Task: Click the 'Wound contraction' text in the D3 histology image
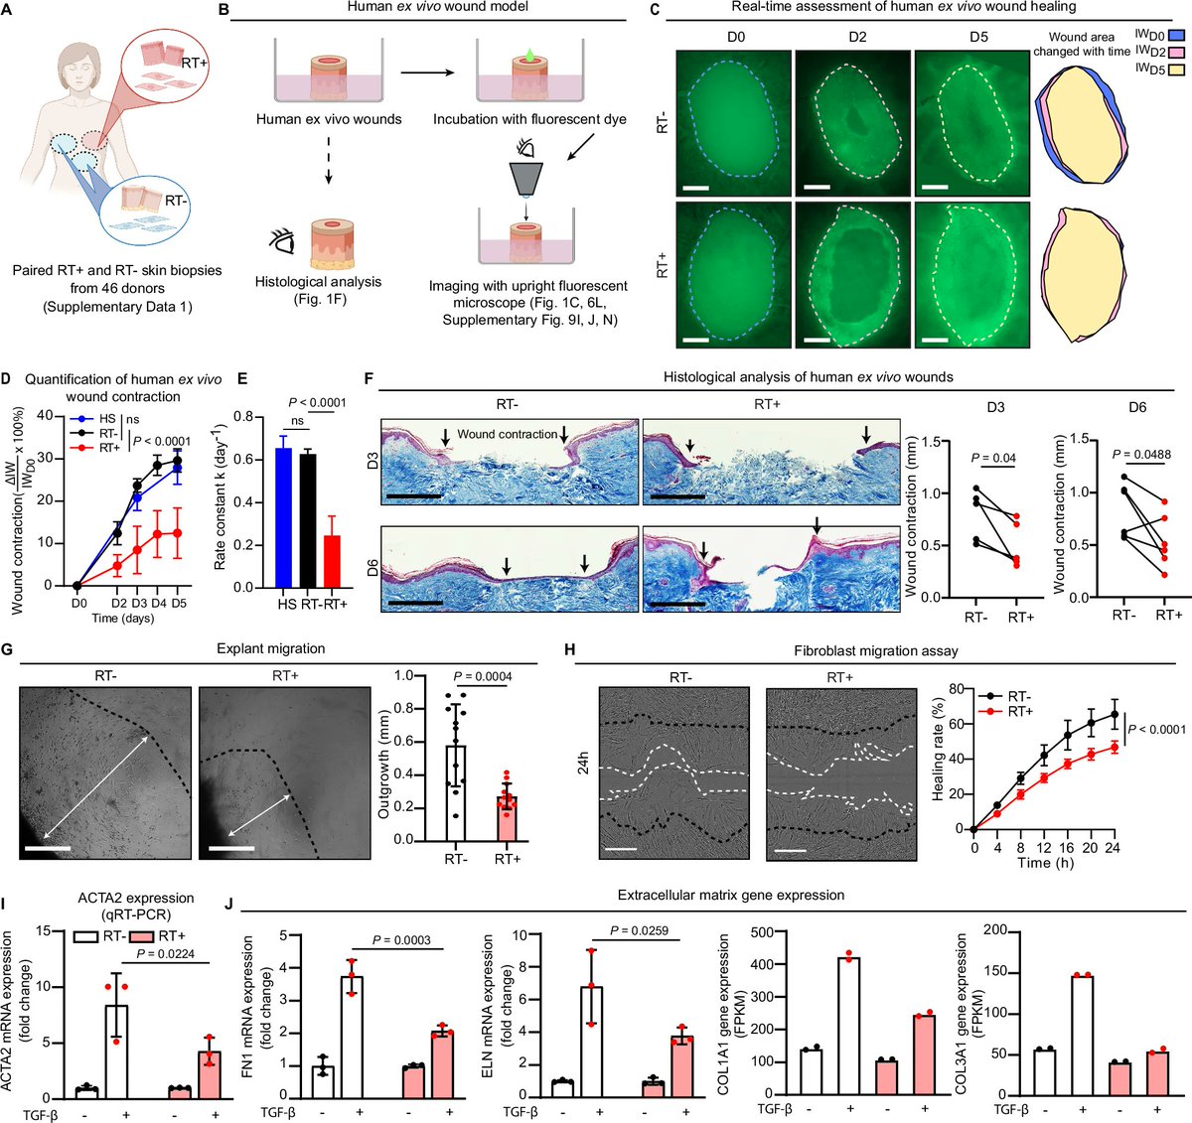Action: [x=507, y=434]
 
